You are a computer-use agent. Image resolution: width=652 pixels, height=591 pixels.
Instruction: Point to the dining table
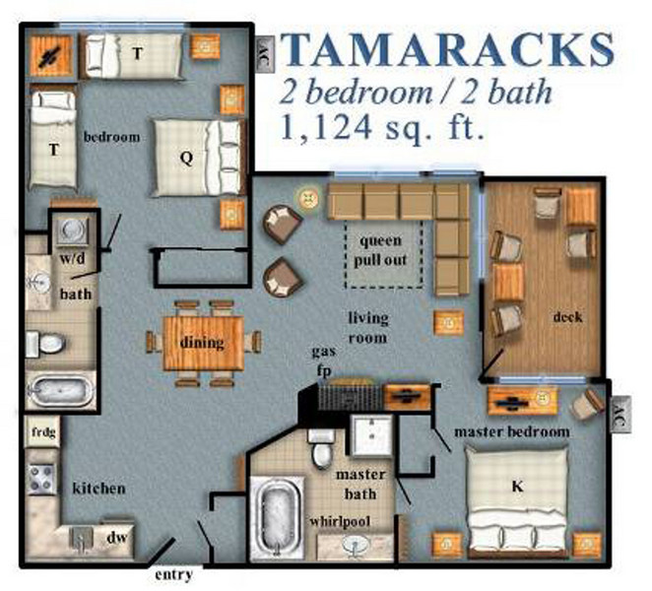point(202,342)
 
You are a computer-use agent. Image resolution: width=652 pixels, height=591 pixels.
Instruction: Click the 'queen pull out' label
point(383,250)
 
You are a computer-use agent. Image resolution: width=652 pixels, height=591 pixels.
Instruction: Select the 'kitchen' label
point(98,488)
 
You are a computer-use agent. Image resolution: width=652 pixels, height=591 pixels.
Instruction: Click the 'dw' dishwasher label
point(116,538)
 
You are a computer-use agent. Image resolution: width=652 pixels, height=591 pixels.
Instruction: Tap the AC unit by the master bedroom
point(619,408)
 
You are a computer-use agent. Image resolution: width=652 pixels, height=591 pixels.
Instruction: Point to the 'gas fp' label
point(325,360)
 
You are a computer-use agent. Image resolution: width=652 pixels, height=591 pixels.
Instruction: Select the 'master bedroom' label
point(511,432)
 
